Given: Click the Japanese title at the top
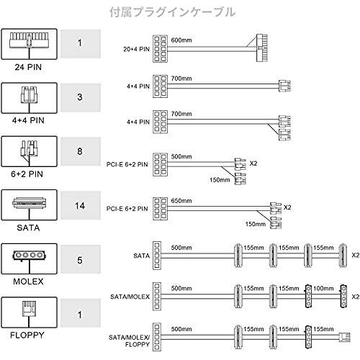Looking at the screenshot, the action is click(172, 12).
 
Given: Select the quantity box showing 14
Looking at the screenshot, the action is click(81, 205).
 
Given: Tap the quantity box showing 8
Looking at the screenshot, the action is click(81, 151).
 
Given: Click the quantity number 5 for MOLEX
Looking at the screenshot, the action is click(80, 260).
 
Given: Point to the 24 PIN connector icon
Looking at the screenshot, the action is click(29, 40).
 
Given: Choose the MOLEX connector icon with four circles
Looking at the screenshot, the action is click(30, 256).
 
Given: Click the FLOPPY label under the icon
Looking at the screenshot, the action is click(27, 335).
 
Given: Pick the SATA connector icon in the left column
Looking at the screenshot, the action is click(30, 204).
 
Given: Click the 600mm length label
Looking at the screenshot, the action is click(181, 40).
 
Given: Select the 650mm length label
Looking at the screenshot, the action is click(181, 201).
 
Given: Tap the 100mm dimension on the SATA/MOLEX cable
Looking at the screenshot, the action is click(323, 288).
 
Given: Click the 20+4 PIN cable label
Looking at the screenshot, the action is click(136, 49).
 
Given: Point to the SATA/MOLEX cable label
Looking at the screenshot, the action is click(130, 297).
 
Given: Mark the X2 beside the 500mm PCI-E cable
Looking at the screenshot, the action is click(253, 163).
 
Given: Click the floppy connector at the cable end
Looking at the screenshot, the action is click(345, 336).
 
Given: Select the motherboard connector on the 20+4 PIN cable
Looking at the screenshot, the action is click(262, 48).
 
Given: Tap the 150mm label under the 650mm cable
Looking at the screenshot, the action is click(256, 224).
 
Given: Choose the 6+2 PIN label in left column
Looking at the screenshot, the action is click(27, 174).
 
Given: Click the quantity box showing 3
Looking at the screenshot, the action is click(81, 97).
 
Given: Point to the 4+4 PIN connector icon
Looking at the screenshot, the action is click(30, 94).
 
